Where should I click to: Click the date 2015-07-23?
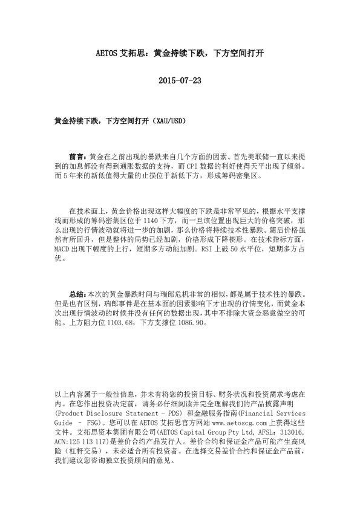coord(179,80)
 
